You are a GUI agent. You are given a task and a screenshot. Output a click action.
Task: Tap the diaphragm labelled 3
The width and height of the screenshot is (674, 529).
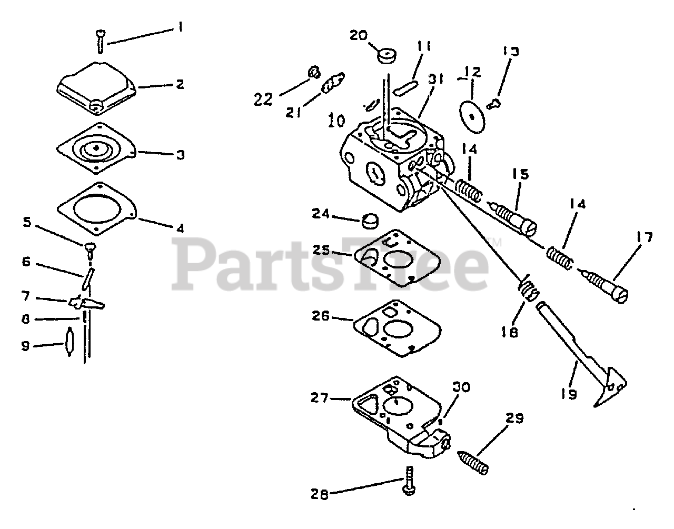click(x=98, y=149)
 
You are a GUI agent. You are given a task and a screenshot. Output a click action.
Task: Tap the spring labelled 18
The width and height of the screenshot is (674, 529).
click(x=527, y=289)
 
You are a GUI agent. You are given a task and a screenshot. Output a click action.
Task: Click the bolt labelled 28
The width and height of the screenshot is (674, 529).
click(x=409, y=482)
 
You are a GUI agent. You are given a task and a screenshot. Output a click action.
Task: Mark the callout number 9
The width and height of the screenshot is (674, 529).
click(x=26, y=346)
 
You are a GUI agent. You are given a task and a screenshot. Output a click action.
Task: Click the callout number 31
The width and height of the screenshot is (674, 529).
click(x=436, y=79)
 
